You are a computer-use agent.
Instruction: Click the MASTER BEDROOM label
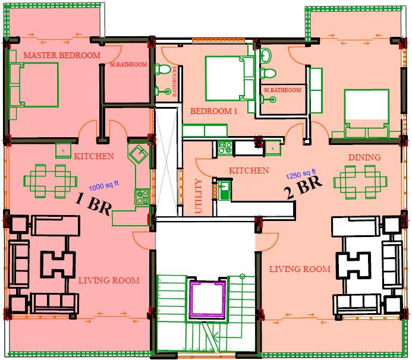pyautogui.click(x=62, y=55)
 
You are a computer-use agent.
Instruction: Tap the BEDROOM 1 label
pyautogui.click(x=213, y=111)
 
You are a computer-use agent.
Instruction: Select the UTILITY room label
pyautogui.click(x=199, y=196)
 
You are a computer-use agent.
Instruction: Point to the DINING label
pyautogui.click(x=364, y=157)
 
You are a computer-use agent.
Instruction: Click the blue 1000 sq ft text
pyautogui.click(x=104, y=186)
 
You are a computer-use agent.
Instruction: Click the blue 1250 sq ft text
pyautogui.click(x=301, y=174)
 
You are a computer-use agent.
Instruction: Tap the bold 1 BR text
pyautogui.click(x=93, y=204)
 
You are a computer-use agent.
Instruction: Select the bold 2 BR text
pyautogui.click(x=304, y=188)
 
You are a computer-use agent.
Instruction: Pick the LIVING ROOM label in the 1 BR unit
pyautogui.click(x=109, y=280)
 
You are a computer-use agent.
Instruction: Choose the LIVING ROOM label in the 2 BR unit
pyautogui.click(x=300, y=269)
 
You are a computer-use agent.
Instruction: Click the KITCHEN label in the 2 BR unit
pyautogui.click(x=249, y=170)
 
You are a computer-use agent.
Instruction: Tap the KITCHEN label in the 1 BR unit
pyautogui.click(x=94, y=156)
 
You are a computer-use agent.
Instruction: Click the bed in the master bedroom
pyautogui.click(x=34, y=84)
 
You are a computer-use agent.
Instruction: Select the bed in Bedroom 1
pyautogui.click(x=230, y=78)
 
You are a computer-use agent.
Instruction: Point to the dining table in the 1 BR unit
pyautogui.click(x=50, y=181)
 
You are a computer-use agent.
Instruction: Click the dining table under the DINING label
pyautogui.click(x=360, y=182)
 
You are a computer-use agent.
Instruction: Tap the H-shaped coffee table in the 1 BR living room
pyautogui.click(x=58, y=264)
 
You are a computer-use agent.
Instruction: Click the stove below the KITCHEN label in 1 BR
pyautogui.click(x=143, y=197)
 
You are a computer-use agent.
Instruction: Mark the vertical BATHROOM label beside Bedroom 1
pyautogui.click(x=174, y=81)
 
